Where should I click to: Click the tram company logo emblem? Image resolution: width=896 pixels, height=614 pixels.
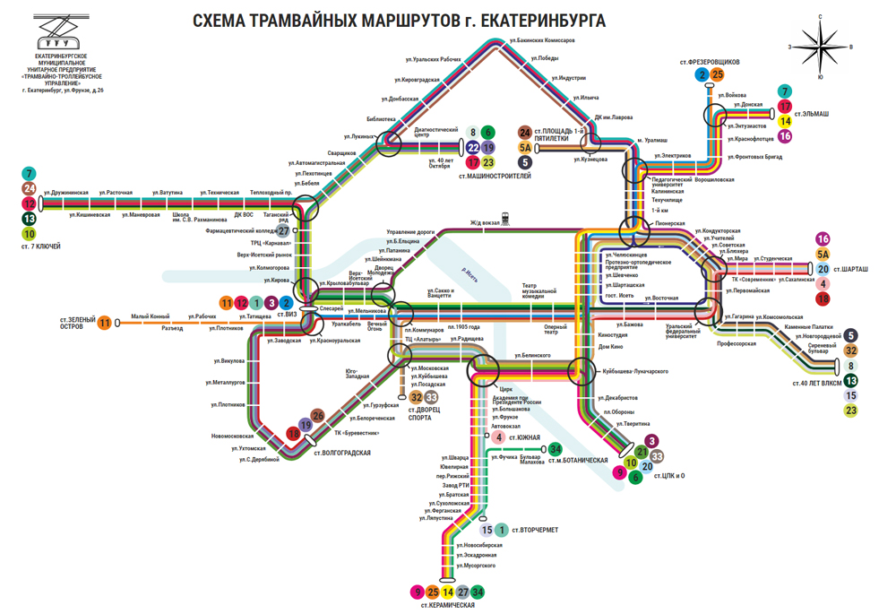pyautogui.click(x=61, y=34)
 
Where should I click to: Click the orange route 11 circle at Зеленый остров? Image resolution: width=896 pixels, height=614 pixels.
pyautogui.click(x=106, y=323)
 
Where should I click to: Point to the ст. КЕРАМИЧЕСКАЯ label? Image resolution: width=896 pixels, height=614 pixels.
pyautogui.click(x=447, y=606)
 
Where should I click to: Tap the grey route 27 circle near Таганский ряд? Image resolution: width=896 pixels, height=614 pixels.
pyautogui.click(x=284, y=229)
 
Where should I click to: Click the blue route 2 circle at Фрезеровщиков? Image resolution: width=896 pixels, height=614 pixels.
pyautogui.click(x=702, y=75)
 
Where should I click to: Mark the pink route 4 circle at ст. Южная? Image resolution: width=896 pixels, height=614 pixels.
pyautogui.click(x=499, y=437)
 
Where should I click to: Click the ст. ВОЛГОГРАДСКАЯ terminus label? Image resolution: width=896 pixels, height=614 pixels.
pyautogui.click(x=341, y=453)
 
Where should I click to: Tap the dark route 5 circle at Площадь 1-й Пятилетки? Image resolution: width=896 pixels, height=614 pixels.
pyautogui.click(x=525, y=162)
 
